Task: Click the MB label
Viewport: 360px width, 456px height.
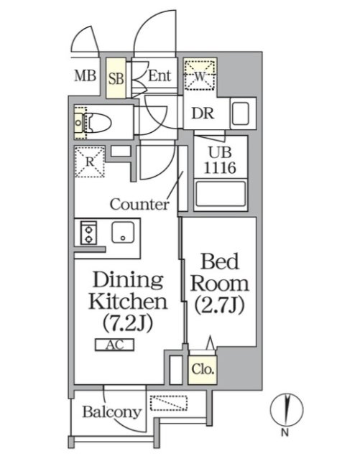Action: tap(86, 76)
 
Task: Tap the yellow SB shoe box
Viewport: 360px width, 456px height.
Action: tap(116, 78)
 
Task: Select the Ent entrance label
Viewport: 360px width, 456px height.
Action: tap(160, 76)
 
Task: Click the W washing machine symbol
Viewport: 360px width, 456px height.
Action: tap(200, 75)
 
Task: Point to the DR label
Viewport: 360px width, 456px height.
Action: tap(203, 113)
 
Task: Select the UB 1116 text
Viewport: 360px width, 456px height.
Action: tap(220, 160)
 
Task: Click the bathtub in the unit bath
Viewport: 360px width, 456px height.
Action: tap(221, 194)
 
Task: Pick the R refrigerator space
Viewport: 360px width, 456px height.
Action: tap(89, 162)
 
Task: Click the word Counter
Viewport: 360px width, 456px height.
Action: tap(139, 204)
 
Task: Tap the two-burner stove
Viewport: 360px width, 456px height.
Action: tap(88, 233)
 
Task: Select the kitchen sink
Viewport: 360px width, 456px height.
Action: tap(123, 233)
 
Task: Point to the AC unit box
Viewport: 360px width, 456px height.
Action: tap(115, 345)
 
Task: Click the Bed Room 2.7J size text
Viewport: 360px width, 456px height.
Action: tap(219, 304)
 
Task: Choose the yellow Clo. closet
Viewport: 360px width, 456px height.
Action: tap(203, 370)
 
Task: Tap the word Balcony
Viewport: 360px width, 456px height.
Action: tap(112, 412)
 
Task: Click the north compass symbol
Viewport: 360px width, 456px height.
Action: tap(287, 409)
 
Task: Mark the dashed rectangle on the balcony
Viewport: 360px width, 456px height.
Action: tap(169, 403)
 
